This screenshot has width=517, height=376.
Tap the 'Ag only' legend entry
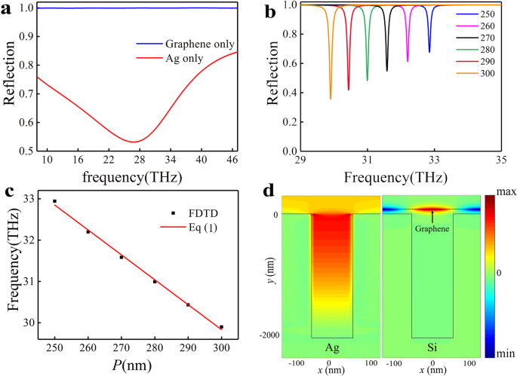tap(177, 60)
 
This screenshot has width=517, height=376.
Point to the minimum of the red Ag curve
tap(133, 142)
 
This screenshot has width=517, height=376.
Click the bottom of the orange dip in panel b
tap(331, 99)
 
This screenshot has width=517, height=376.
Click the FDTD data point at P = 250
tap(55, 201)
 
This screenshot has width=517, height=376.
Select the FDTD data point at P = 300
tap(221, 327)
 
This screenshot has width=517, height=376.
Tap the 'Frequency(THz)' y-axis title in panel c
tap(13, 265)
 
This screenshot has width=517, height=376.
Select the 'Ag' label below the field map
tap(331, 348)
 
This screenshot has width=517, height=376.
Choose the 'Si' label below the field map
tap(432, 348)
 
